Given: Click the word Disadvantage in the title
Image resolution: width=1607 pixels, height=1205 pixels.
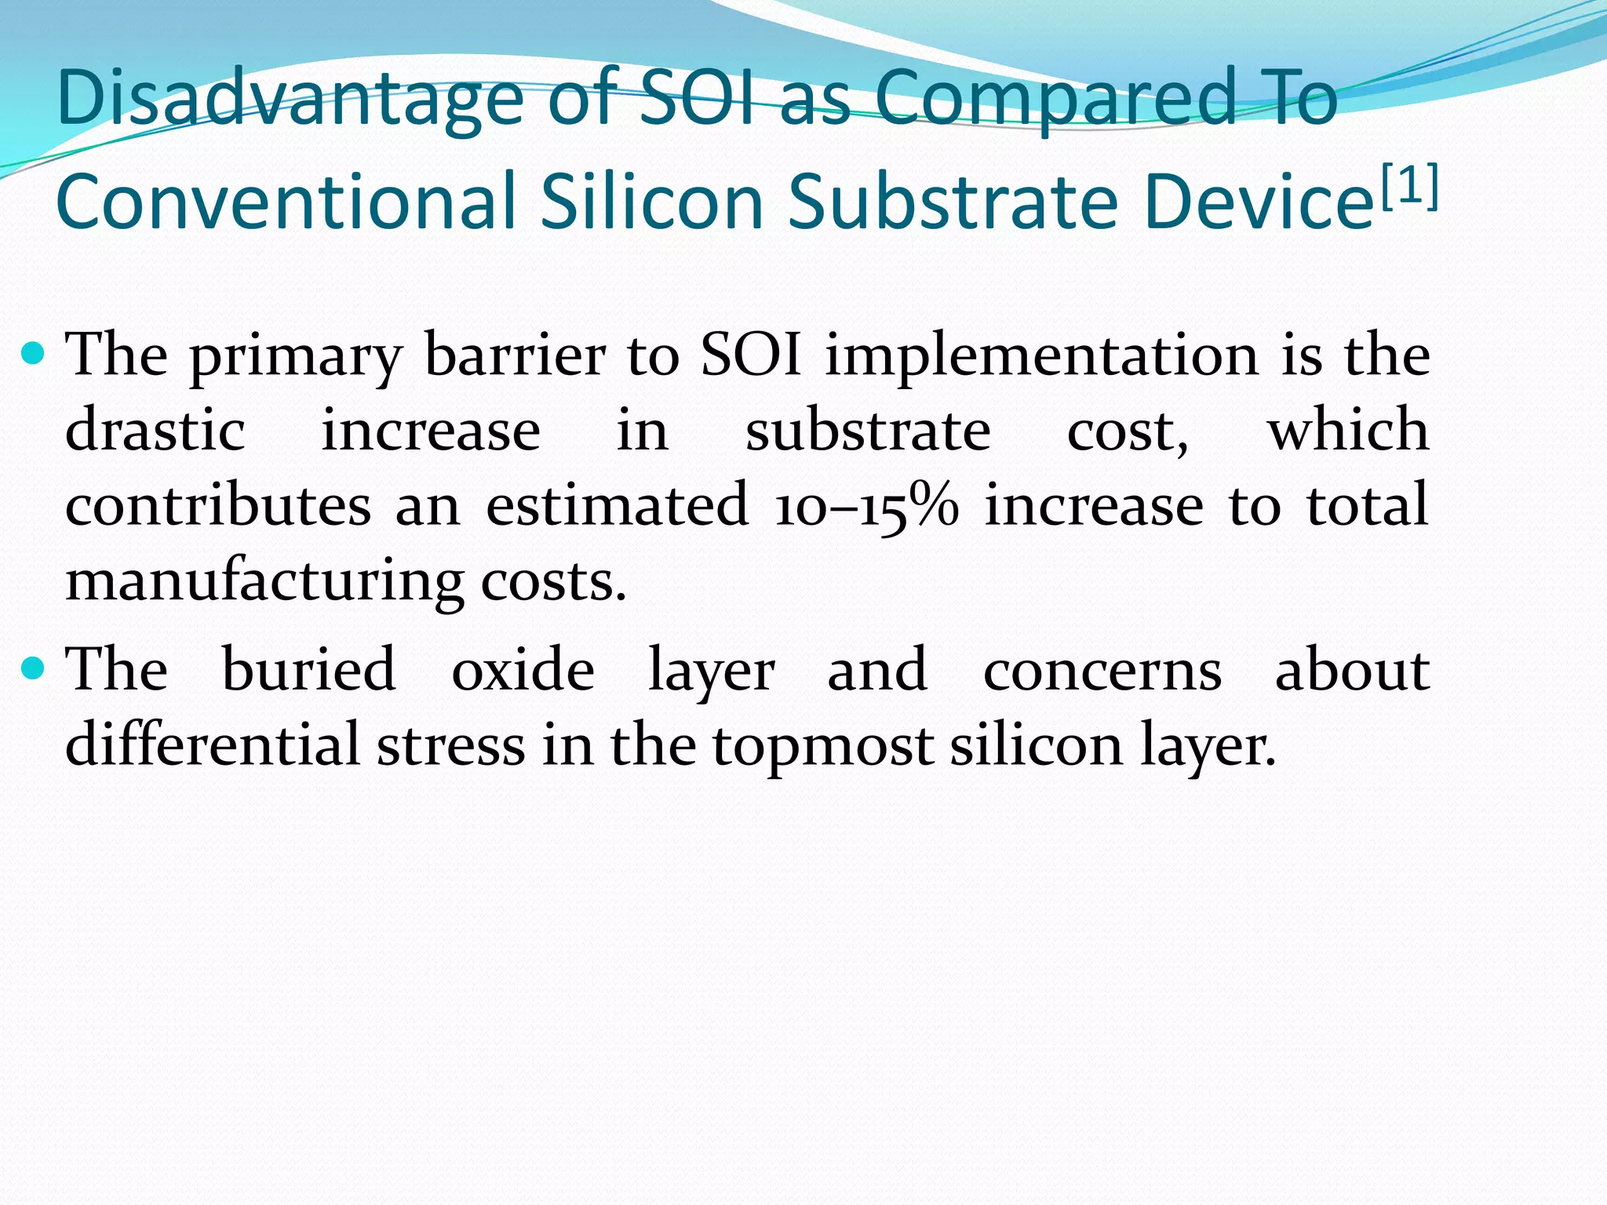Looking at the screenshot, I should [x=290, y=100].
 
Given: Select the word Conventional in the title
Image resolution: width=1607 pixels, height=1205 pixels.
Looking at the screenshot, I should [x=286, y=202].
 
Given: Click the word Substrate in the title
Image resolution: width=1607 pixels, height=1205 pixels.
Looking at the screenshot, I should [x=952, y=202].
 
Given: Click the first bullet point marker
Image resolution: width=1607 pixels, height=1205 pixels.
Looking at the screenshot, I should [x=34, y=355].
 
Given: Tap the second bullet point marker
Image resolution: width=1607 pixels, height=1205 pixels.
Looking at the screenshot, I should [x=34, y=668].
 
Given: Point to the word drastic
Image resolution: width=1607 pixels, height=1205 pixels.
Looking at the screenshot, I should [x=155, y=431].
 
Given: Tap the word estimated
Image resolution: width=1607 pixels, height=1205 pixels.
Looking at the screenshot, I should [x=617, y=506].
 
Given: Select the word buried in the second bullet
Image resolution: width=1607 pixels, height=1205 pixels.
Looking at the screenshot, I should [x=308, y=669].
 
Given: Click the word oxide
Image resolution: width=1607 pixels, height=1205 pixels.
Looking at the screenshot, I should [x=523, y=669].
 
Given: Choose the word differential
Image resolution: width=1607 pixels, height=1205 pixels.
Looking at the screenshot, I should [x=212, y=744].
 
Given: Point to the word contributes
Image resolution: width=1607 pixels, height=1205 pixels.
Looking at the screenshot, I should [x=217, y=506].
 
